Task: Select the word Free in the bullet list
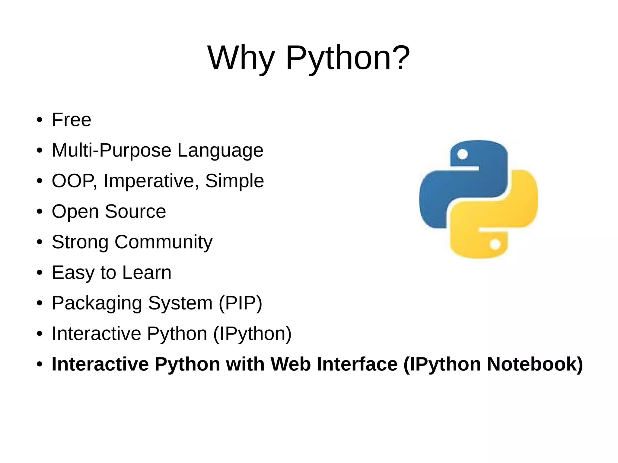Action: click(x=72, y=120)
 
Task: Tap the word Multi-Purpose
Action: click(x=112, y=150)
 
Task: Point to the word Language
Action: click(x=220, y=150)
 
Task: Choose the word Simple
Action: click(x=234, y=181)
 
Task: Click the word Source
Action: click(x=135, y=211)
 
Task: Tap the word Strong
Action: click(x=80, y=242)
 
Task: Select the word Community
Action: click(x=164, y=242)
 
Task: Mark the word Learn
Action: click(x=147, y=272)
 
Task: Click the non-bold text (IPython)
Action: click(x=252, y=334)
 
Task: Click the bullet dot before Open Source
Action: click(x=39, y=211)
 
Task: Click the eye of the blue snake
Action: click(x=462, y=155)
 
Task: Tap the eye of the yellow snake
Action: click(x=495, y=244)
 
